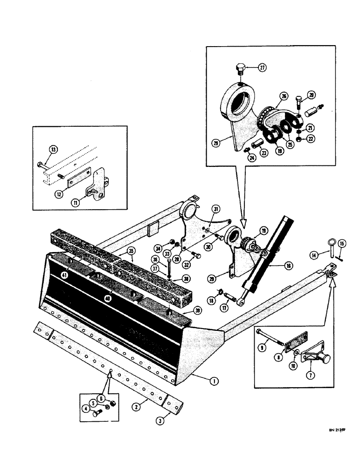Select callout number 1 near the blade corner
(x=214, y=381)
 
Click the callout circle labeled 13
(x=53, y=150)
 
